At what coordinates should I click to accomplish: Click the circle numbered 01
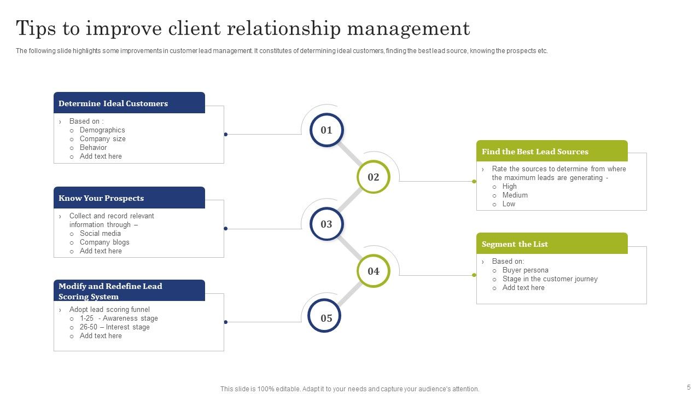[326, 130]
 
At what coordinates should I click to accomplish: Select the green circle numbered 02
[374, 177]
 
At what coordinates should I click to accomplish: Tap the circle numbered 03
[326, 224]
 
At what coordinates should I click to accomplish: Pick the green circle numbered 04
[374, 271]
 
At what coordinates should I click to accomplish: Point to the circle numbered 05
[326, 318]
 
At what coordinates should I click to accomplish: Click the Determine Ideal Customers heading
[113, 103]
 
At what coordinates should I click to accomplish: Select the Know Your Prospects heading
[101, 198]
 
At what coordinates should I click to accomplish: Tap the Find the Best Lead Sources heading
[535, 152]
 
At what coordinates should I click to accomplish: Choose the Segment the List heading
[515, 244]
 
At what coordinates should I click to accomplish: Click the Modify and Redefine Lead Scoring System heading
[110, 291]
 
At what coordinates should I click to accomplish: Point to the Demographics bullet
[102, 130]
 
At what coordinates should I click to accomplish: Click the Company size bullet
[103, 139]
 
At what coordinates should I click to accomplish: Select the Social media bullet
[100, 234]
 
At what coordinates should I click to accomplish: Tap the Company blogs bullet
[104, 242]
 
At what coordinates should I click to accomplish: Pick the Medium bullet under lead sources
[515, 195]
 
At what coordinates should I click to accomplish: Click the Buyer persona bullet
[525, 270]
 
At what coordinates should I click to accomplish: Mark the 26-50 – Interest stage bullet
[114, 327]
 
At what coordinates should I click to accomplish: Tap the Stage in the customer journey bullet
[550, 279]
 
